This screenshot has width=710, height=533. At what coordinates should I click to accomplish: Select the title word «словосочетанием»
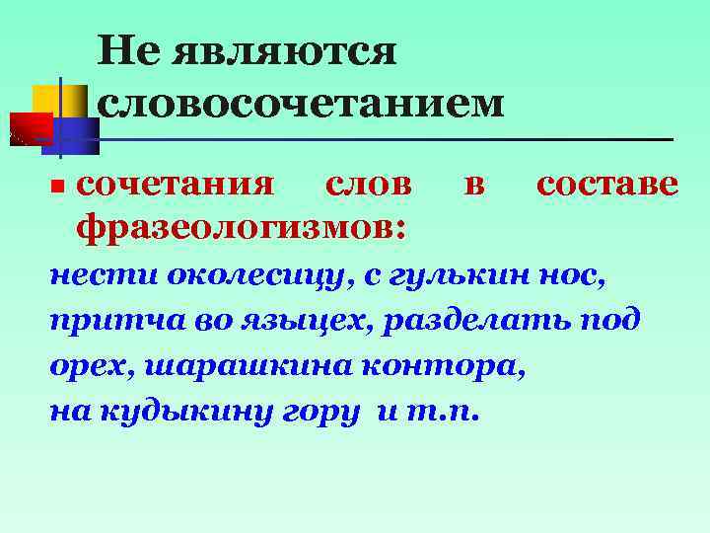(300, 102)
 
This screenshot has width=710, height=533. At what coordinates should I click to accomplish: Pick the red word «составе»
(606, 185)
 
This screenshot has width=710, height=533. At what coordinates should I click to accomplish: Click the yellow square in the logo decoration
(49, 99)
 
